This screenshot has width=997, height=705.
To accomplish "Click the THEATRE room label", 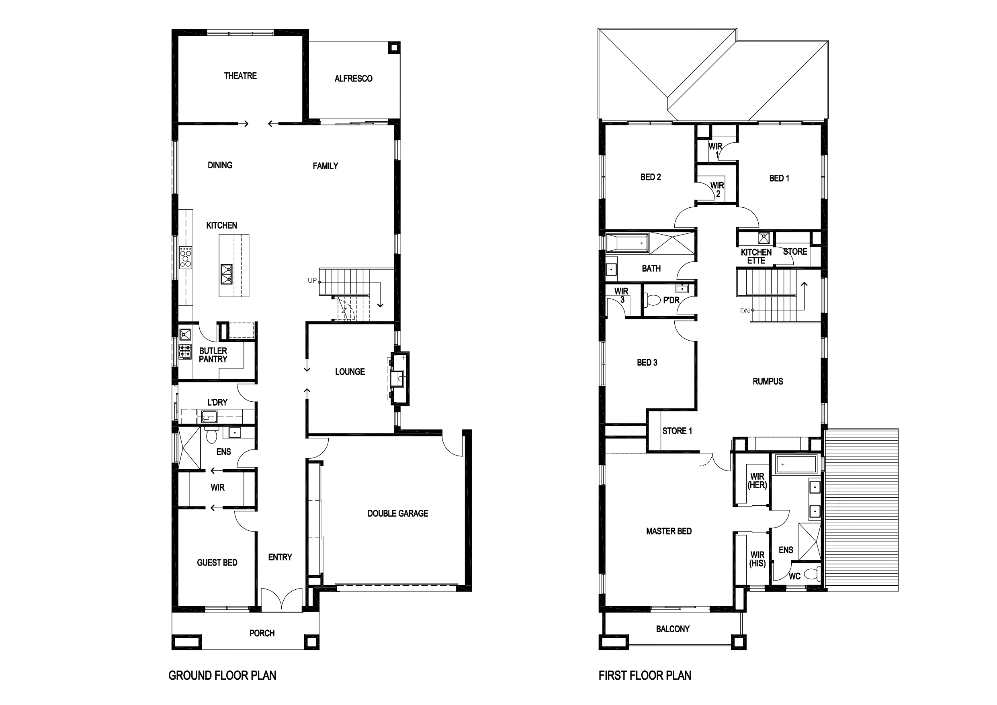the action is (240, 76).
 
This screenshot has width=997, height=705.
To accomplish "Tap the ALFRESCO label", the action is (354, 79).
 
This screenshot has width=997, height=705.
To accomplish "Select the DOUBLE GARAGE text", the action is (398, 513).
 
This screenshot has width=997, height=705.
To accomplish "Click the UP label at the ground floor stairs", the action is (312, 280).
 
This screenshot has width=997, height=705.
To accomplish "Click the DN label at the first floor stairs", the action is (745, 311).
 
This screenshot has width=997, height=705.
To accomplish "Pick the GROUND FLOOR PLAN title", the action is (222, 676).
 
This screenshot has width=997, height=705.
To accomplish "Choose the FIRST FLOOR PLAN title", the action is (645, 676).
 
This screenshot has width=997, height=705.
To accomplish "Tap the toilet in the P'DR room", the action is (652, 300).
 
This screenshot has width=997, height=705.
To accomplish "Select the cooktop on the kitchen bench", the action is (186, 256).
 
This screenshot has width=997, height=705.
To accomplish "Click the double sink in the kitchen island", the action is (227, 274).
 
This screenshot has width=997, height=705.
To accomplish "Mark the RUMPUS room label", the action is (768, 382).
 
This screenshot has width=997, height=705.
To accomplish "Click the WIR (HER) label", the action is (757, 480).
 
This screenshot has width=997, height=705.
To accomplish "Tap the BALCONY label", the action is (673, 629).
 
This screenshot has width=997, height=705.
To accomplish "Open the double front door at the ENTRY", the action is (281, 599).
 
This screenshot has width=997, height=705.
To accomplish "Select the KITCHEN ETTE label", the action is (756, 256).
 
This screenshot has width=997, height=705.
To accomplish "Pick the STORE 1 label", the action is (677, 431).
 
